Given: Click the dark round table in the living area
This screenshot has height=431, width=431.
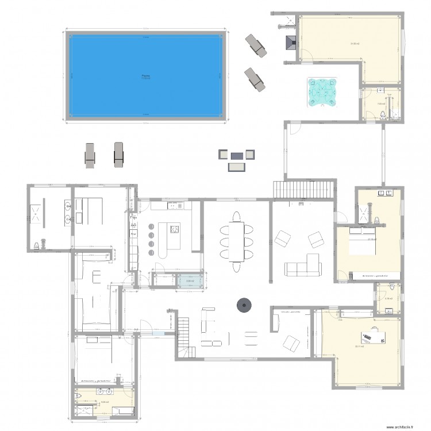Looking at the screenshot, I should click(244, 305).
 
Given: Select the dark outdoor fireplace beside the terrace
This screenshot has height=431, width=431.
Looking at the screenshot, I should click(290, 44).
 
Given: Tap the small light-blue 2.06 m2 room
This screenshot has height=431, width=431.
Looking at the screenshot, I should click(189, 282).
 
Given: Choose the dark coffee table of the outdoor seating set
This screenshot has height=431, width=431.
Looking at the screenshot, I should click(237, 155).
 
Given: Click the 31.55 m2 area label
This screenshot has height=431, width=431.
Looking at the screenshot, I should click(355, 44).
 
